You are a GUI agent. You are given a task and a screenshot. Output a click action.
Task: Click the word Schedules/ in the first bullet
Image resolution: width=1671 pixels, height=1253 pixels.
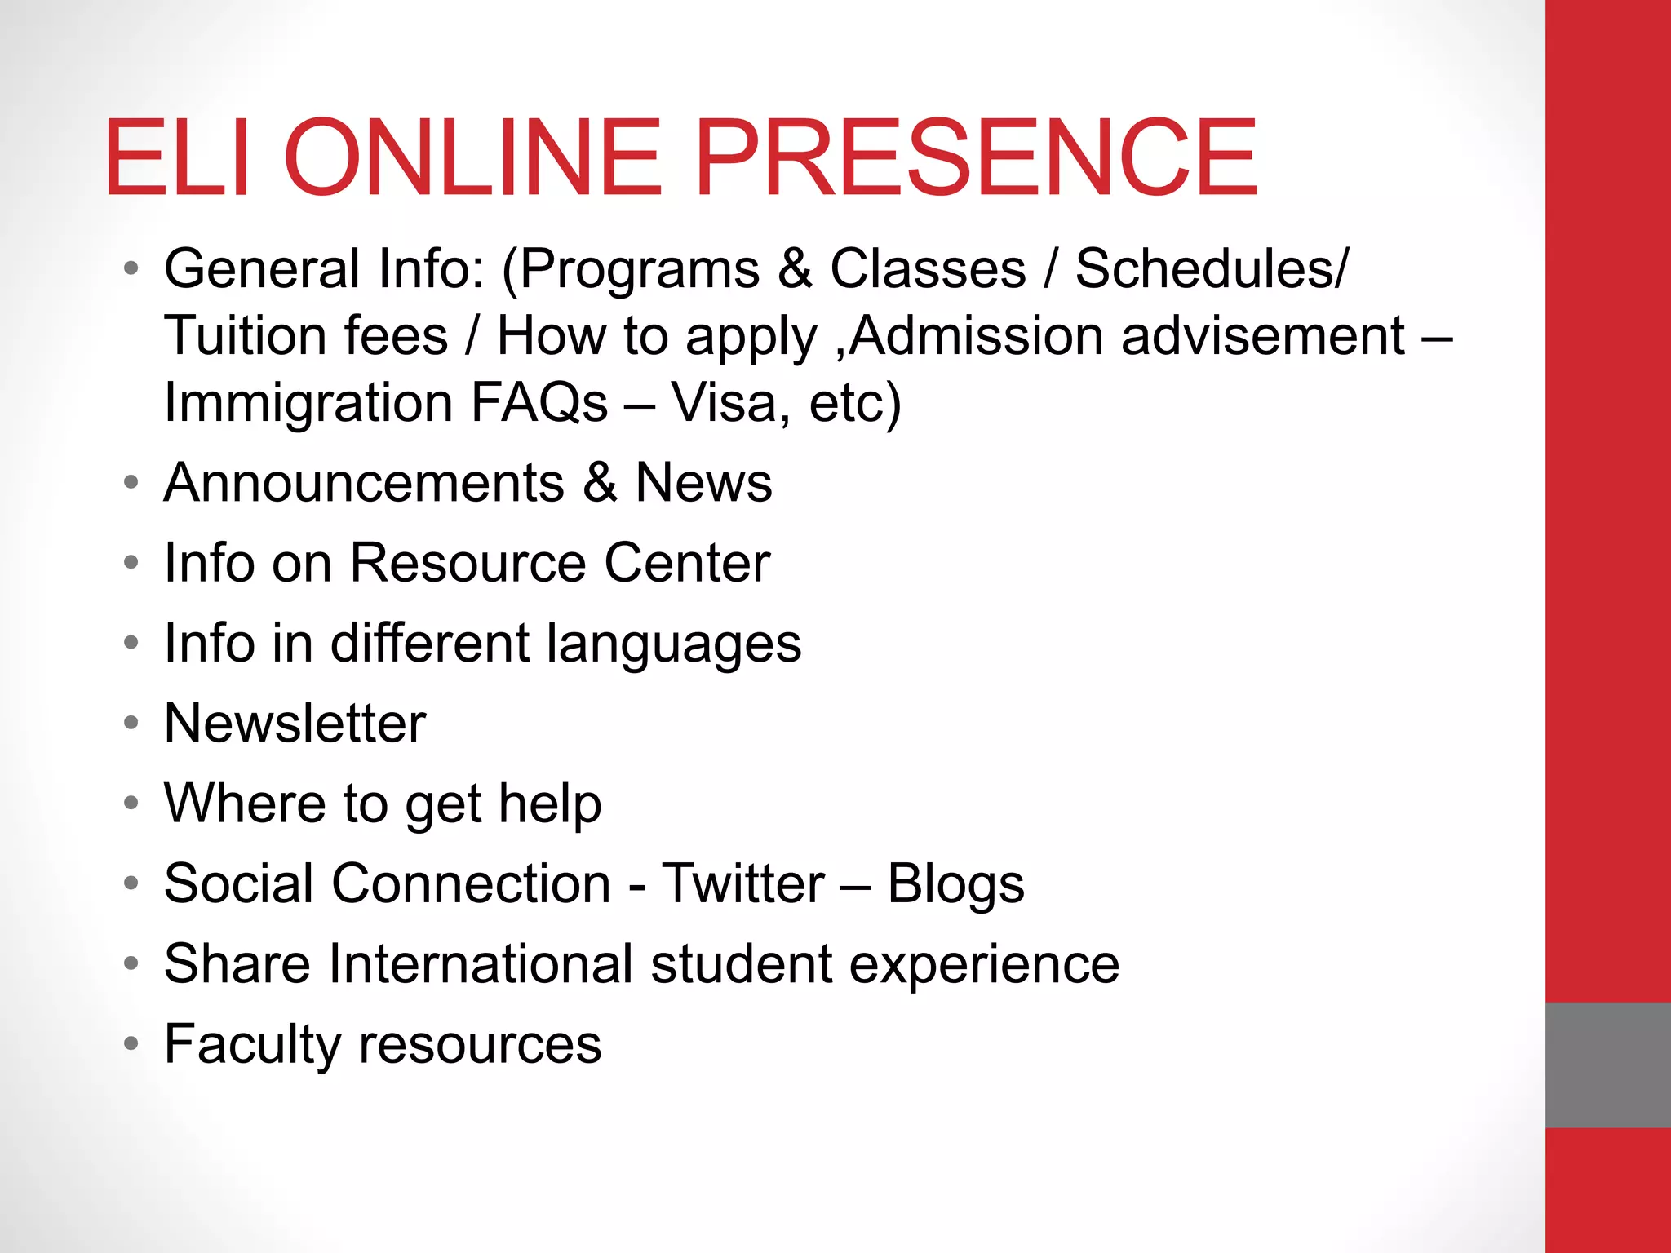(1212, 269)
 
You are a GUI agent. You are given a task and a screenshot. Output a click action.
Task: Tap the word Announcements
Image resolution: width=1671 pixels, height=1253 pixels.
(364, 483)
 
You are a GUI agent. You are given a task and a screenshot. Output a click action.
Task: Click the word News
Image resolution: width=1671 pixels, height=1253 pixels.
(703, 483)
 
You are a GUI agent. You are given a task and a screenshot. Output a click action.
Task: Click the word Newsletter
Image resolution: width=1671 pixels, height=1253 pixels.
(295, 724)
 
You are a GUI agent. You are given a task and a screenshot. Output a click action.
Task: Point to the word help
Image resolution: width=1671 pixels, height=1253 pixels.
(550, 804)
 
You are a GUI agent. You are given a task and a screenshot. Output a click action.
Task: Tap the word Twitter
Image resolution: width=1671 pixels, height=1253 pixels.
(743, 883)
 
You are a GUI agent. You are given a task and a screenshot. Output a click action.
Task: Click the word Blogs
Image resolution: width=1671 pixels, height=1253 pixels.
(955, 883)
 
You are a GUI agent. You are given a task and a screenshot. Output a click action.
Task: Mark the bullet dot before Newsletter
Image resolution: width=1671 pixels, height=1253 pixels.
(131, 724)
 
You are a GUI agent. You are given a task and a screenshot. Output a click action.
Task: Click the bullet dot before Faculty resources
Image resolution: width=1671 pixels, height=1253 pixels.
(131, 1043)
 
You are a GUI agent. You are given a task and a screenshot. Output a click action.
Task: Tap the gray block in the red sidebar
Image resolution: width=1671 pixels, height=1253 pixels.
(1607, 1065)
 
